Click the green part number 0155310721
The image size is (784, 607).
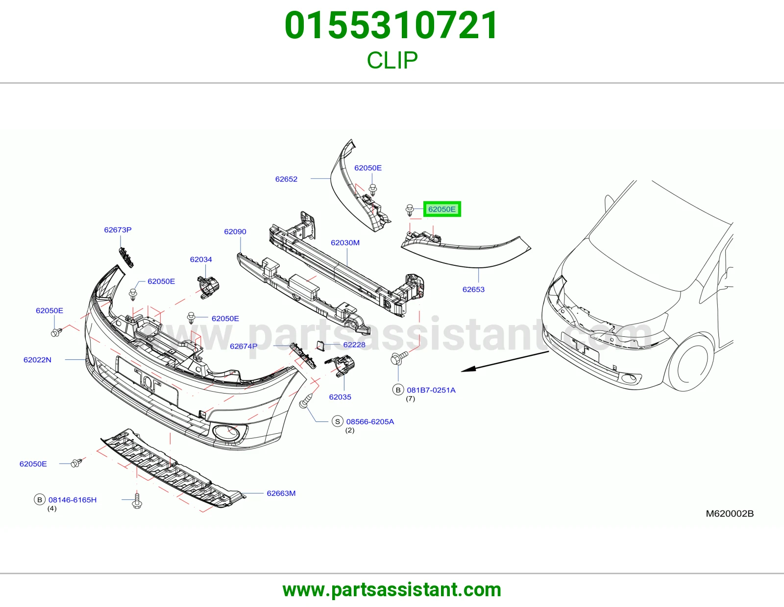coord(392,25)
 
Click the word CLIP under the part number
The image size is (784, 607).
coord(392,60)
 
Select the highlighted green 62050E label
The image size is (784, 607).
coord(442,209)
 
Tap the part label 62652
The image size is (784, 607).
coord(286,179)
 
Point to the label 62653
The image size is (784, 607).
coord(473,289)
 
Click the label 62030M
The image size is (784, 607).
coord(345,243)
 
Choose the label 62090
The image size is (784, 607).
coord(235,232)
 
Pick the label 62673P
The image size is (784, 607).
coord(118,230)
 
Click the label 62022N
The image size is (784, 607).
coord(37,360)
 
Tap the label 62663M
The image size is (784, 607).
coord(281,493)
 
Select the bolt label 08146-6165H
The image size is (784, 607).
coord(73,500)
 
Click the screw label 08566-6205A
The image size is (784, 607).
coord(370,422)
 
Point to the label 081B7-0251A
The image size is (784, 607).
coord(431,390)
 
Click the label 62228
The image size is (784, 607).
coord(354,345)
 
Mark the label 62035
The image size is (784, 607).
coord(340,397)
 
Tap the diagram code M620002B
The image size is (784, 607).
coord(730,514)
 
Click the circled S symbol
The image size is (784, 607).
coord(337,421)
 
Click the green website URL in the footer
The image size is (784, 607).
coord(392,590)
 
